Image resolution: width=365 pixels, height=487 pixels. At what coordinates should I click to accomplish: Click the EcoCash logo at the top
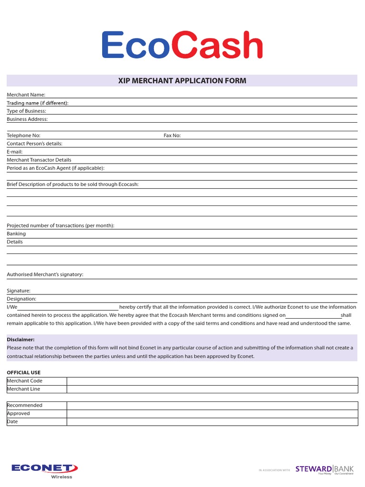click(182, 45)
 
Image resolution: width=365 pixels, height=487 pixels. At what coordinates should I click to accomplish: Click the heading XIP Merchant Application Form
click(182, 81)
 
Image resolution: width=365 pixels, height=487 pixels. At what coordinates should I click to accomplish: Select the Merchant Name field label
click(26, 95)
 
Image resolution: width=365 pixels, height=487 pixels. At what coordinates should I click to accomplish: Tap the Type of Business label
click(27, 111)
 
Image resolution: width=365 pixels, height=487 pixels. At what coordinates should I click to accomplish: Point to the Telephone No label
click(24, 136)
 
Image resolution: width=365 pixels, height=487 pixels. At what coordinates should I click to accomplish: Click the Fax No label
click(172, 136)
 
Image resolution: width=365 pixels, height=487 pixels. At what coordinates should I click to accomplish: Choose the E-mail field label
click(15, 152)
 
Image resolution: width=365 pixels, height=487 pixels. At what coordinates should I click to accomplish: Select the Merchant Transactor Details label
click(39, 160)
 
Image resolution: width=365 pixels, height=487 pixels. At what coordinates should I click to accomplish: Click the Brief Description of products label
click(73, 185)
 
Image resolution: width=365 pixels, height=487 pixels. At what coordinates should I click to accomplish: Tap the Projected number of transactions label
click(60, 226)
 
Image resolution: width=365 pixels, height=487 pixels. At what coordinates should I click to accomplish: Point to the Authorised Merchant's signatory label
click(45, 275)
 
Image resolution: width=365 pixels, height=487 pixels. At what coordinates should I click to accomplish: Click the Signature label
click(19, 291)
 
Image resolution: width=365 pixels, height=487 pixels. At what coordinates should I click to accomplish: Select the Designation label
click(21, 299)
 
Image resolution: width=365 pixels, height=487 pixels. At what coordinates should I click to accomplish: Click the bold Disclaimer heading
click(20, 340)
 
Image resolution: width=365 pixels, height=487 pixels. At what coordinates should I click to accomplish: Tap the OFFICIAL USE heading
click(24, 373)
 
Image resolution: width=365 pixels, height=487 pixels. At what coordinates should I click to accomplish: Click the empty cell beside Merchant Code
click(212, 381)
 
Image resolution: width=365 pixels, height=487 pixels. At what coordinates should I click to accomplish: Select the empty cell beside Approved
click(212, 414)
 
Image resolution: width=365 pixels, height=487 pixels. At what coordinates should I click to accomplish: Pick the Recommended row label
click(25, 406)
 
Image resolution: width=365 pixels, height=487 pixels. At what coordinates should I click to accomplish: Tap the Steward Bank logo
click(325, 470)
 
